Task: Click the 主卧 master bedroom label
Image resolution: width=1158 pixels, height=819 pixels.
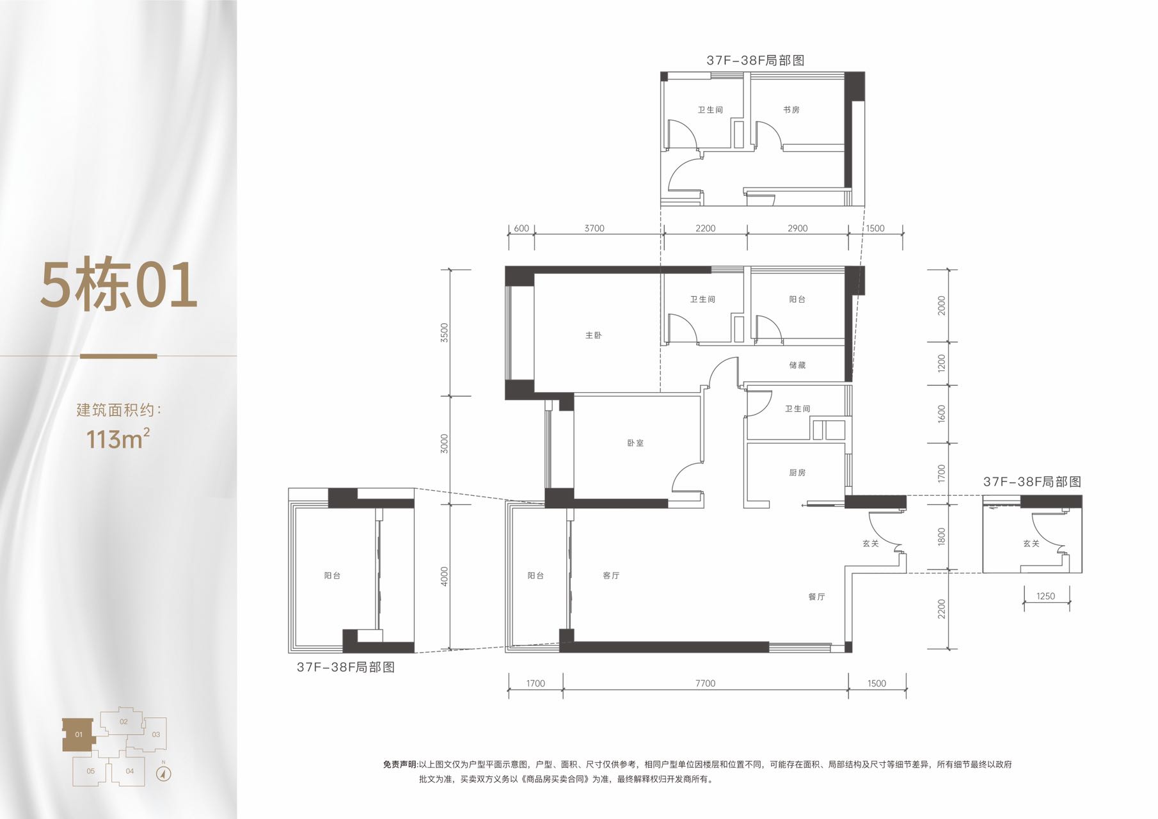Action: [593, 335]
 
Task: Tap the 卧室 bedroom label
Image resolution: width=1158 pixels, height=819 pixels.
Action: [635, 443]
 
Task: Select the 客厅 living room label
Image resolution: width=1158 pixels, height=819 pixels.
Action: [611, 575]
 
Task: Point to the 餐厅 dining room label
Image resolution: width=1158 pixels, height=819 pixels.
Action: [816, 596]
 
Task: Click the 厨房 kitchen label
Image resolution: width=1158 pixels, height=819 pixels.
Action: [797, 472]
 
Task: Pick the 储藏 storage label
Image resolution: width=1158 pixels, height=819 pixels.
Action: [797, 365]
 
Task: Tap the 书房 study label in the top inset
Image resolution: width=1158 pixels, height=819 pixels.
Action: [791, 109]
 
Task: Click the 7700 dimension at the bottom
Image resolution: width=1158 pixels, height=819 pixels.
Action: [705, 683]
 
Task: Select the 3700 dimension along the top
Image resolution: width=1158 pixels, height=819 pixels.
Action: [594, 228]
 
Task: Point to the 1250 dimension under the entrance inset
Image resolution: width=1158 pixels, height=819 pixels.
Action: [1045, 596]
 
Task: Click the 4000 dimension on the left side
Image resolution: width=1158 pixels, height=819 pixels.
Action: [445, 576]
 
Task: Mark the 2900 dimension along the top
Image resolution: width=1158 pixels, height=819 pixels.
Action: [797, 228]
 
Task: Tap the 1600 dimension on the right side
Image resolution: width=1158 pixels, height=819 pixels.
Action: [941, 413]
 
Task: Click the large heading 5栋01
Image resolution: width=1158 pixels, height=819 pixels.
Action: [119, 285]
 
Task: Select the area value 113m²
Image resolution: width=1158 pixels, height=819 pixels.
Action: [118, 439]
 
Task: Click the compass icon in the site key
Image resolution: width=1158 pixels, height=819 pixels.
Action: [164, 774]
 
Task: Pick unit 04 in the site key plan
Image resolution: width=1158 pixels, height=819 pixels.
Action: [130, 771]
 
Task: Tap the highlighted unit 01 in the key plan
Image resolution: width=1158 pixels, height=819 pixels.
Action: [78, 735]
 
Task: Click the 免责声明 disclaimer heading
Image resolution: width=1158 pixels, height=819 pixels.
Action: [401, 764]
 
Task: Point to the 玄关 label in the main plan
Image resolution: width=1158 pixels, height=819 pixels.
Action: [870, 543]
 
